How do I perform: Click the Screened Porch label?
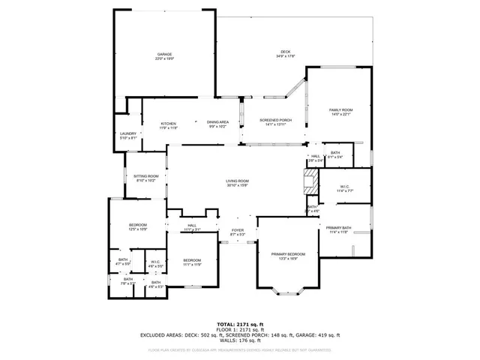[x=275, y=122]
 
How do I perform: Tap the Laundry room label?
[x=128, y=136]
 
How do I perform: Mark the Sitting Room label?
[x=145, y=178]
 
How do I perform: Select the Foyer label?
[x=238, y=232]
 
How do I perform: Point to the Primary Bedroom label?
[x=288, y=256]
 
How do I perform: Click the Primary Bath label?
[x=339, y=229]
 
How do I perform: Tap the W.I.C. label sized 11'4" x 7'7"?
[x=345, y=188]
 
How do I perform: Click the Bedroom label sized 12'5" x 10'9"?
[x=137, y=226]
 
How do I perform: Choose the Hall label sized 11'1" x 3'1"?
[x=192, y=227]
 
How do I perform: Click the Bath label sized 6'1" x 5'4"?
[x=334, y=154]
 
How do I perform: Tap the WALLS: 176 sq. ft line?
[x=239, y=341]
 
